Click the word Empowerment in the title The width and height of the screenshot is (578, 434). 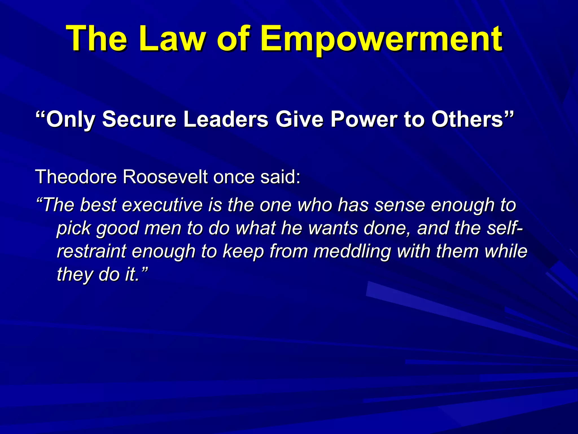click(x=381, y=39)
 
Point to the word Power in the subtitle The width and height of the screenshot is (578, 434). click(x=364, y=119)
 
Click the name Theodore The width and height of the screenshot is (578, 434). click(x=76, y=177)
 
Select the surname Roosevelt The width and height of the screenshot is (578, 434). click(x=165, y=177)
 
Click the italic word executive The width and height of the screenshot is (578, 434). click(x=162, y=205)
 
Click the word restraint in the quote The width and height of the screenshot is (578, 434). click(x=92, y=251)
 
